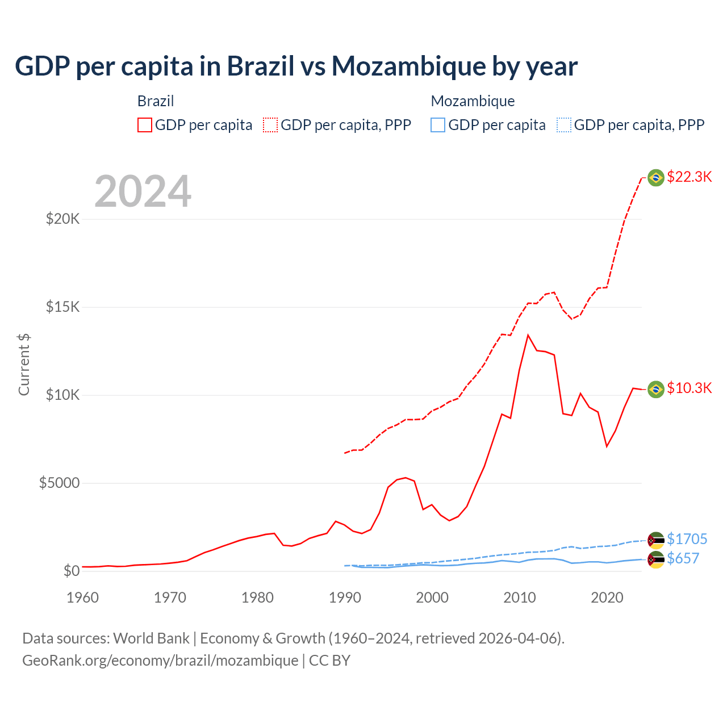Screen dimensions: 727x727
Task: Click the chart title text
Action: click(x=296, y=66)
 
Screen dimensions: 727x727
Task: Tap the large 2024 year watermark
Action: click(x=143, y=191)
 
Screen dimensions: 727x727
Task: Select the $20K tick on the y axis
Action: click(x=62, y=219)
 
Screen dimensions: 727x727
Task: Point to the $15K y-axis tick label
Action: click(x=62, y=307)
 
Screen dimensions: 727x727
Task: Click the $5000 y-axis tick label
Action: click(x=59, y=483)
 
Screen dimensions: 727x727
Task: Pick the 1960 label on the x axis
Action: click(x=82, y=598)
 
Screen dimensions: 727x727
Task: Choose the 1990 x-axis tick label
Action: click(x=345, y=598)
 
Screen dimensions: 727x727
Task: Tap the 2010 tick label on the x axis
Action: click(x=520, y=598)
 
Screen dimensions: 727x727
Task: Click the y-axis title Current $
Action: click(x=24, y=365)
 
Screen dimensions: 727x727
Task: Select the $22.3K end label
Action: click(x=689, y=177)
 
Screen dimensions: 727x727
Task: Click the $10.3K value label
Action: click(x=689, y=388)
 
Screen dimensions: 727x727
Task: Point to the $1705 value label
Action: click(x=687, y=538)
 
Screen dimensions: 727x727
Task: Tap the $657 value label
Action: click(x=683, y=558)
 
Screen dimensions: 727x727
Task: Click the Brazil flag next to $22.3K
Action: click(x=656, y=178)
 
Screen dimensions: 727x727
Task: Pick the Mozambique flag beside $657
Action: click(x=656, y=559)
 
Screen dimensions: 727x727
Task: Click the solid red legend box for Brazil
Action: click(x=145, y=125)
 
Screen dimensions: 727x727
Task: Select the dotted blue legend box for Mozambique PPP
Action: click(x=564, y=125)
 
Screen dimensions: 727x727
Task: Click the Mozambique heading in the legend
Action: click(x=473, y=101)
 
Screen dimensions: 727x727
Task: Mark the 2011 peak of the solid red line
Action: click(x=528, y=335)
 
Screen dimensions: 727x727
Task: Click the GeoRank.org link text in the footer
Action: click(x=160, y=661)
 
